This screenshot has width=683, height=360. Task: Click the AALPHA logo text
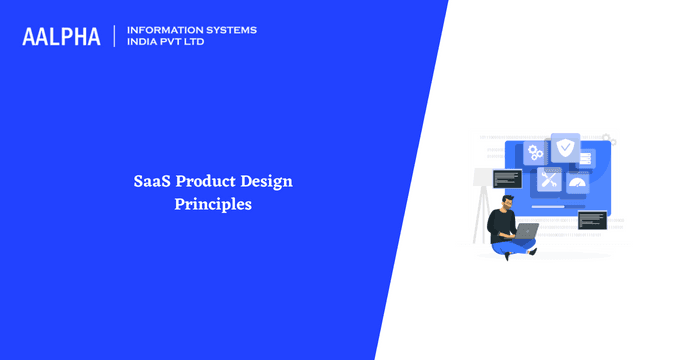[x=61, y=37]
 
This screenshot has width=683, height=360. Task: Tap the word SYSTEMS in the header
[x=234, y=30]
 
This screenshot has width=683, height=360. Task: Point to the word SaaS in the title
[x=152, y=182]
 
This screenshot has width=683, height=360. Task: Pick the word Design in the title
[x=264, y=182]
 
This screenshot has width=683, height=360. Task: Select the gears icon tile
[x=536, y=153]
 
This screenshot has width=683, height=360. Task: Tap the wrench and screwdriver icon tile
[x=549, y=179]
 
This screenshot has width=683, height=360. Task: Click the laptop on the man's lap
[x=527, y=233]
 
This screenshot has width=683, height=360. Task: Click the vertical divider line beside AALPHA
[x=115, y=37]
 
